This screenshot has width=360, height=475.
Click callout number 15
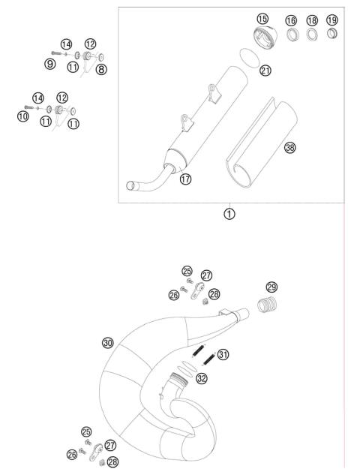(262, 18)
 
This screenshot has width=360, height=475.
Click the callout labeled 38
(289, 148)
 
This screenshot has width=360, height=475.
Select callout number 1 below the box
(229, 213)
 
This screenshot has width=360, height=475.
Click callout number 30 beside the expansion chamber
(108, 342)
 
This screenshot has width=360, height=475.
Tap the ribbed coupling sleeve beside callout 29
(267, 305)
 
